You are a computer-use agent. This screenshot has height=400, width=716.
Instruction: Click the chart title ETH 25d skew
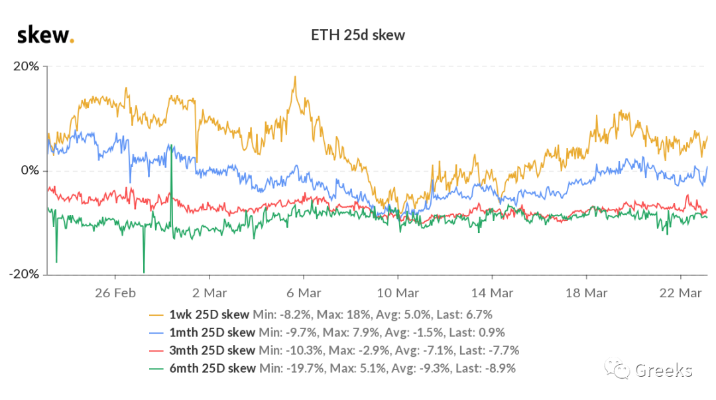358,35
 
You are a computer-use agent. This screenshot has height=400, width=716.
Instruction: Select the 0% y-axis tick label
30,170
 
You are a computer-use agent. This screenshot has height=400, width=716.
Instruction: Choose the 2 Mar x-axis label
209,292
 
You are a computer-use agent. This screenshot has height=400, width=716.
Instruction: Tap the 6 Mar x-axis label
304,292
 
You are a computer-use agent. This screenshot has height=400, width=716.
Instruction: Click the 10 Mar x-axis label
398,292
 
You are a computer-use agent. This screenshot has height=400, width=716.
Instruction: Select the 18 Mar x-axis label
586,292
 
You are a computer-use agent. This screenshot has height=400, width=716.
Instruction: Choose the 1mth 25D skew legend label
211,332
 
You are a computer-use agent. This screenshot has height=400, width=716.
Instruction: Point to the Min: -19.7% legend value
292,367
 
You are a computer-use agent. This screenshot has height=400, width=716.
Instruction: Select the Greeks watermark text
663,370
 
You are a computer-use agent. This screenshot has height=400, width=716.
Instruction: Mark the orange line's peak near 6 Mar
294,77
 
